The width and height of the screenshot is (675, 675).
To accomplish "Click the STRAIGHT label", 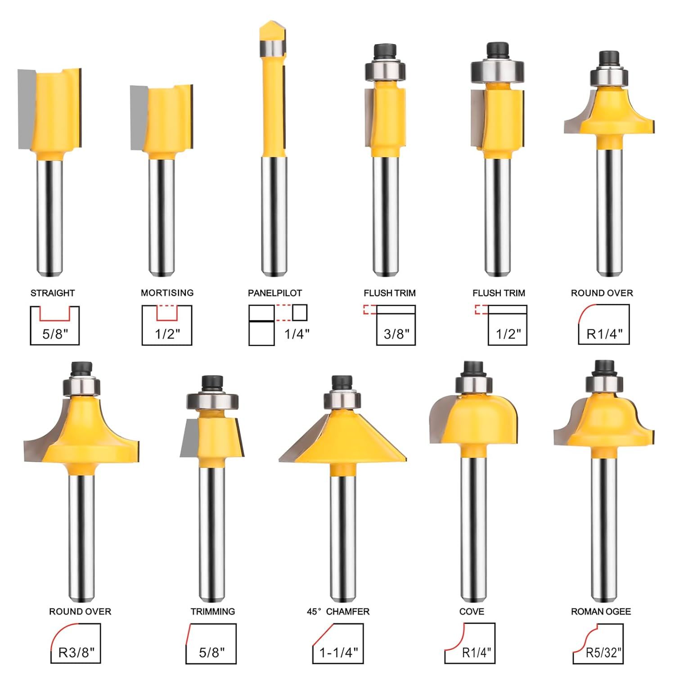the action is [53, 293].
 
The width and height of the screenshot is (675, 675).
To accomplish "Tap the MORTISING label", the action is [167, 293].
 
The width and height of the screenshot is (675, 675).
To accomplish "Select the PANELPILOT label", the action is [275, 293].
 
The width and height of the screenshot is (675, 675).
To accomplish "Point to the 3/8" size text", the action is [396, 334].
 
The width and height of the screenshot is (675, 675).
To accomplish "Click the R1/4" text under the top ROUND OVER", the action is [604, 334].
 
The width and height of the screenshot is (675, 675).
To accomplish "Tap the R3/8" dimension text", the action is [76, 652].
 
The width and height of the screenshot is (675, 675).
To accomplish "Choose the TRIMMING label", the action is [213, 612].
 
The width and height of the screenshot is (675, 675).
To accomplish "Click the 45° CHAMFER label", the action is [338, 612].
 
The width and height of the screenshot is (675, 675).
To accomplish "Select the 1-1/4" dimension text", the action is [339, 652].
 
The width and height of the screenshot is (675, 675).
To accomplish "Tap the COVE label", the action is [472, 612].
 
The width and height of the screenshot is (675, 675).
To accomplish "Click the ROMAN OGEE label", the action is [601, 612].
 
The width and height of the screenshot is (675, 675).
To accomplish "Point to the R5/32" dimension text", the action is [603, 652].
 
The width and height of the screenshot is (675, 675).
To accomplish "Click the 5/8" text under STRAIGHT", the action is [55, 334].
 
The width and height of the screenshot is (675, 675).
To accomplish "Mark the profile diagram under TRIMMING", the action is [211, 643].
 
